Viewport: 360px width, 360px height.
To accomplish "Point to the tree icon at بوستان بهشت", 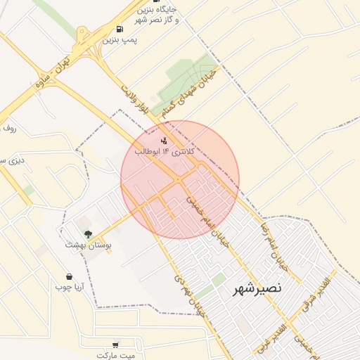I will click(x=88, y=234).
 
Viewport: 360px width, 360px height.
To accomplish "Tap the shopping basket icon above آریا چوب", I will click(x=69, y=276).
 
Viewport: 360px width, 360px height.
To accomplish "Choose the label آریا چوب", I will click(x=70, y=287).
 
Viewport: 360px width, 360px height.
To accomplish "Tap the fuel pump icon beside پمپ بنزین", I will click(x=120, y=29).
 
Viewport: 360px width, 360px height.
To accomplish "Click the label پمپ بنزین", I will click(x=120, y=40).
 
